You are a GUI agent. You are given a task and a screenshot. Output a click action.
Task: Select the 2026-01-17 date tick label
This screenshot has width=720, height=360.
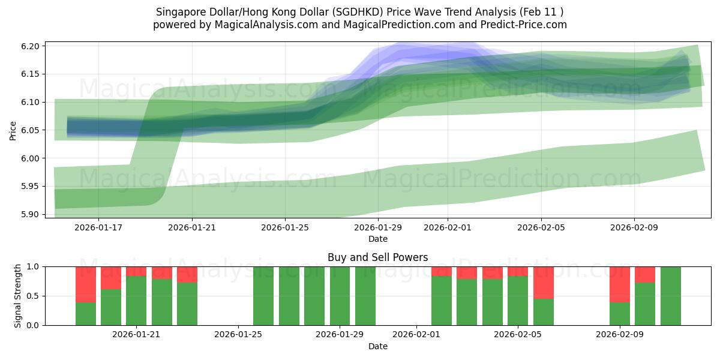point(98,227)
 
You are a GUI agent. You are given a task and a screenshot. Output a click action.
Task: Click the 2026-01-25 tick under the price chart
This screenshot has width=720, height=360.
point(285,227)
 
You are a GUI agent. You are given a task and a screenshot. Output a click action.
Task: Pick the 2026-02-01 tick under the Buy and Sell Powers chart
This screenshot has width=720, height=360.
point(417,335)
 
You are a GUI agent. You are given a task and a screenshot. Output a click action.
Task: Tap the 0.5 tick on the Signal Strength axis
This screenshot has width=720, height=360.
point(34,296)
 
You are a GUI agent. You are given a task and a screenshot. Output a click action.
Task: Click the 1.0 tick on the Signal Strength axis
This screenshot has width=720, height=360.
point(34,266)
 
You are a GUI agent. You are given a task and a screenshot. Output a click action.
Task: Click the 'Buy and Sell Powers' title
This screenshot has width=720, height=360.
point(377,257)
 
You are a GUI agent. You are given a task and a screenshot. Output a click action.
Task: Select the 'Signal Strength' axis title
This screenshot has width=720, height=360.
point(18,296)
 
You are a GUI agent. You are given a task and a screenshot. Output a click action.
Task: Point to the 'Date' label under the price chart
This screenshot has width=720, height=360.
point(377,239)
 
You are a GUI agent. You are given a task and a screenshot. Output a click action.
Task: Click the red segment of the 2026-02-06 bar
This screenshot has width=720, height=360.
point(544,282)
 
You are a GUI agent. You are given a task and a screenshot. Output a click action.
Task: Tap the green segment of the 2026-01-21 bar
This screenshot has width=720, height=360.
point(136,301)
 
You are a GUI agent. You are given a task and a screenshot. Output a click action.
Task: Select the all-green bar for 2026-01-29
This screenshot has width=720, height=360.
point(340,296)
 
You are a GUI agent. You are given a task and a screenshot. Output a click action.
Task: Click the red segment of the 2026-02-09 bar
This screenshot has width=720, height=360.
point(620,284)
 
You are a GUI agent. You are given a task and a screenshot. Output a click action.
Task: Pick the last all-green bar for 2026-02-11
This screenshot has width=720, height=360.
point(671,296)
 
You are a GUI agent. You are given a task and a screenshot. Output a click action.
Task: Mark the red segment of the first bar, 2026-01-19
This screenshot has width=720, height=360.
point(86,284)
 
